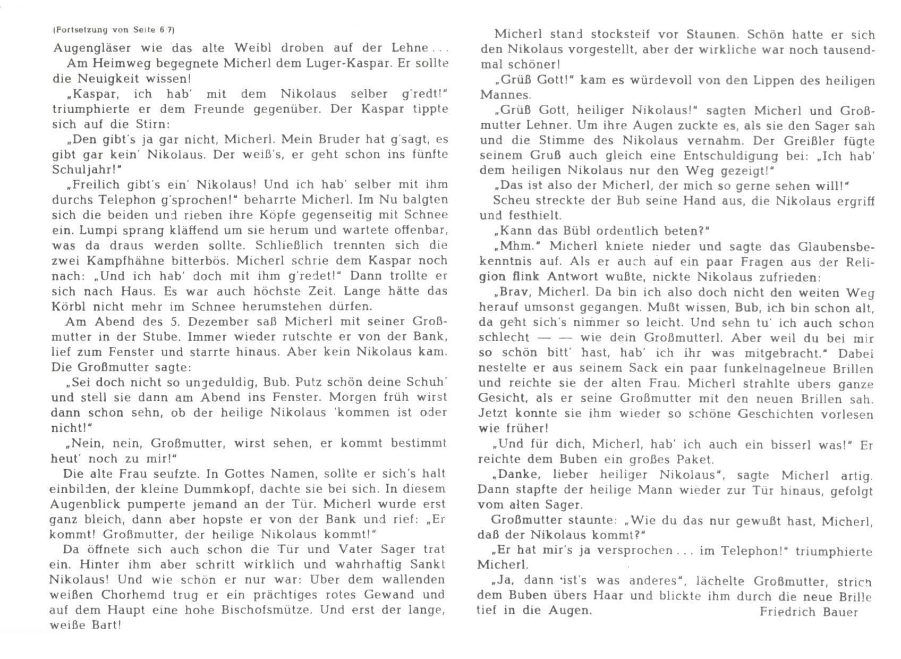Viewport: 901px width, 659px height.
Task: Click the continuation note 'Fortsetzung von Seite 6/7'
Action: click(x=114, y=31)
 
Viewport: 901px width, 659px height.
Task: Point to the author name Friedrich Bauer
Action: click(x=809, y=612)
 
